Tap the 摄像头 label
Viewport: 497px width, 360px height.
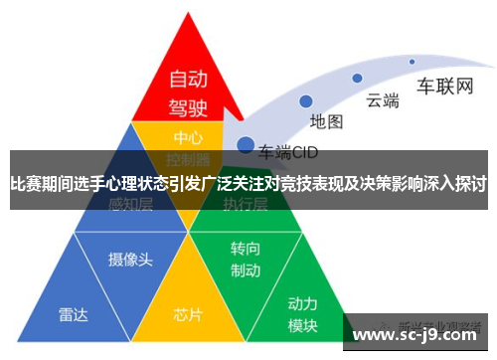[x=130, y=259]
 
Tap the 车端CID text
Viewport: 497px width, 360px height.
[x=288, y=152]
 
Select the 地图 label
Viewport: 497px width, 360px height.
[x=326, y=121]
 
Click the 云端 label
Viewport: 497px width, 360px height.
[x=383, y=98]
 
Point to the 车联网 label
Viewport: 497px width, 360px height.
[x=444, y=85]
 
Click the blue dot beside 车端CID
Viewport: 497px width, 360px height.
[x=244, y=145]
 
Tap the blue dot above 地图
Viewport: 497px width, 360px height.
[x=306, y=100]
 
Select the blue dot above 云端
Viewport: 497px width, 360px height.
[x=356, y=78]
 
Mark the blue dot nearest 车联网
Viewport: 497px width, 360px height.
[x=412, y=62]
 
